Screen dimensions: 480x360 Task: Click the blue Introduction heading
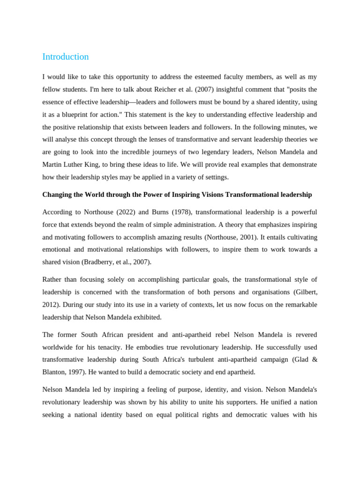(x=65, y=57)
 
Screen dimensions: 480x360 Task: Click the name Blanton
(x=55, y=372)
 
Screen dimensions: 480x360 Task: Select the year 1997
(x=78, y=372)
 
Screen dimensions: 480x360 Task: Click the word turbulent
(x=185, y=360)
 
